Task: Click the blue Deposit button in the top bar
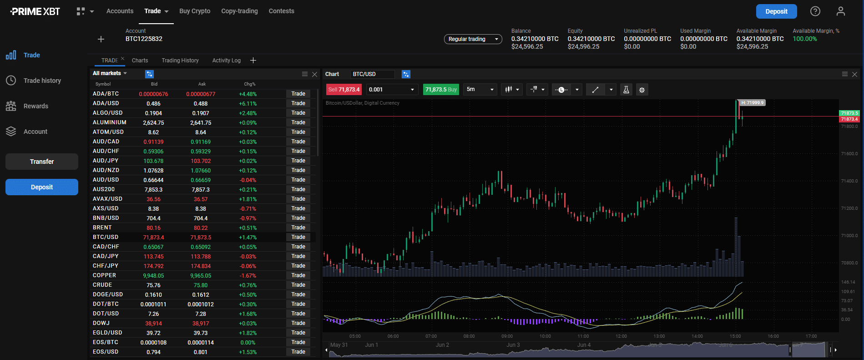(x=776, y=11)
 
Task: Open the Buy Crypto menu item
(x=195, y=11)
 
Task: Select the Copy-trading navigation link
(x=239, y=11)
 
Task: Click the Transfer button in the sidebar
(x=42, y=162)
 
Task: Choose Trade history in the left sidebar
(x=42, y=81)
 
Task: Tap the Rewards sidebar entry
(x=35, y=106)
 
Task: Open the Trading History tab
(x=180, y=61)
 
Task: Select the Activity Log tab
(x=226, y=61)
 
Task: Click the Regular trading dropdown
(x=473, y=39)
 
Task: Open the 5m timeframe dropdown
(x=480, y=90)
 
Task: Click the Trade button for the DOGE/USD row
(x=298, y=294)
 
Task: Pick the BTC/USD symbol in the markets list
(x=106, y=237)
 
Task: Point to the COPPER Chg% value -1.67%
(x=248, y=276)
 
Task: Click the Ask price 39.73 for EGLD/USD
(x=201, y=333)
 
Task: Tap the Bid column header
(x=154, y=84)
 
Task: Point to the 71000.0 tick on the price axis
(x=849, y=236)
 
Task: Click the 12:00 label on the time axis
(x=621, y=336)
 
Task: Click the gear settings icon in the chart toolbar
(x=642, y=90)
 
